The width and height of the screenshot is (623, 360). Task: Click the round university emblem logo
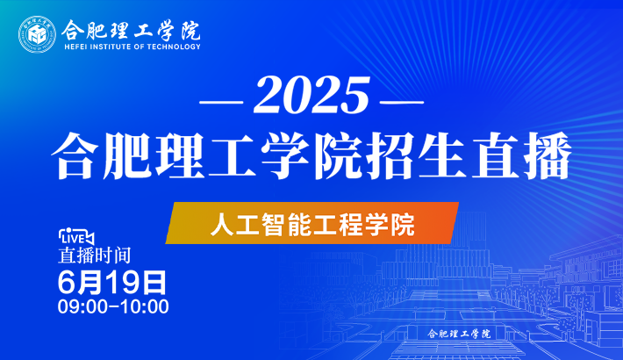click(x=38, y=34)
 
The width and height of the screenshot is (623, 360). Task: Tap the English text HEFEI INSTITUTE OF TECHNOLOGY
click(x=132, y=47)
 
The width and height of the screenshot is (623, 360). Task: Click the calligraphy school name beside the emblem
click(x=131, y=30)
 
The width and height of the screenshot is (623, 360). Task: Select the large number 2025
click(x=311, y=95)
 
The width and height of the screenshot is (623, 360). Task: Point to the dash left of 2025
click(x=221, y=102)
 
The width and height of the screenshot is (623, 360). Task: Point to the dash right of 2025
click(x=402, y=102)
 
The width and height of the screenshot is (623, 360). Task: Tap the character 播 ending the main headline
click(x=548, y=155)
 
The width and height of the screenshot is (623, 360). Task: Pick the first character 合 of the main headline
click(x=75, y=155)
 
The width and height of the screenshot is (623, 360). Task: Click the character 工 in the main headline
click(x=233, y=155)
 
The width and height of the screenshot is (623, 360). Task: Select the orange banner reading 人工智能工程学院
click(x=312, y=223)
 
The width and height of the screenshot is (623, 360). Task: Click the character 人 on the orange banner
click(x=222, y=225)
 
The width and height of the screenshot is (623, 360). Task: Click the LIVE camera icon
click(x=76, y=237)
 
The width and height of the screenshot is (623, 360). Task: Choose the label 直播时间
click(x=95, y=256)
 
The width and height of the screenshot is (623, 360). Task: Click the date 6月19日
click(x=112, y=283)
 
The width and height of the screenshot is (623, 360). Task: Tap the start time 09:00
click(x=82, y=306)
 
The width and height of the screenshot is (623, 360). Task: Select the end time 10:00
click(x=145, y=306)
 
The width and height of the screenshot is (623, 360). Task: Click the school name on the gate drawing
click(x=459, y=334)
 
